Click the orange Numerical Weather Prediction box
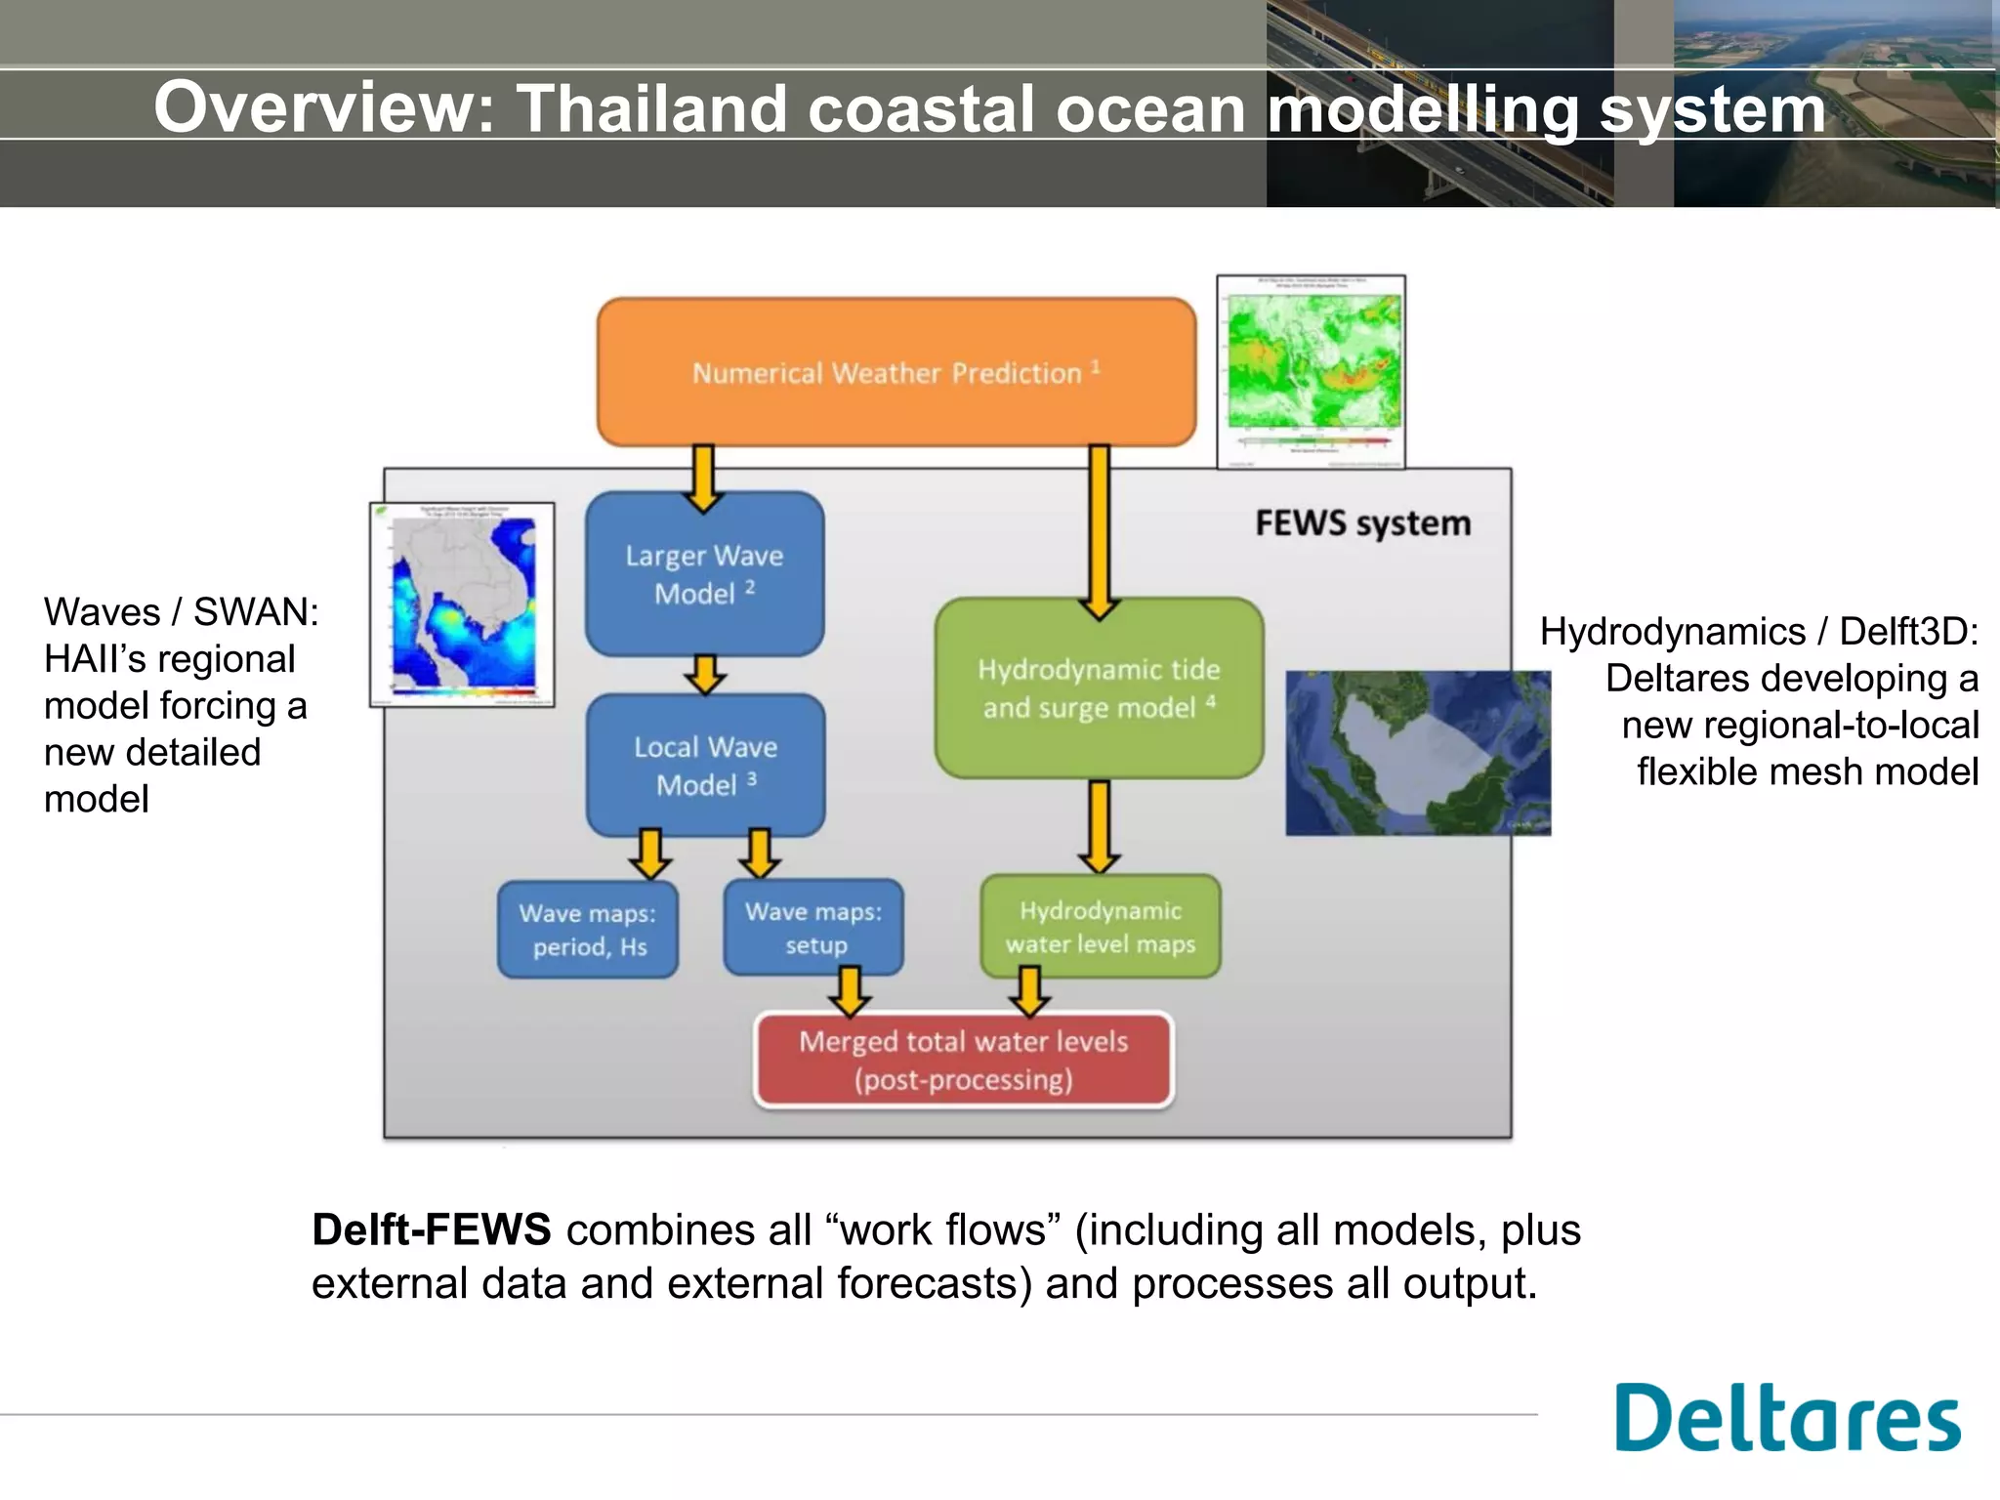[x=896, y=372]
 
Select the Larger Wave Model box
[x=704, y=574]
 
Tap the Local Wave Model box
[x=705, y=766]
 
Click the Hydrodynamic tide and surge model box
[x=1099, y=688]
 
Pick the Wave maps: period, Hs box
[x=588, y=930]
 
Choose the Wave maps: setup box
[x=813, y=928]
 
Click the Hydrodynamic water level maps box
[x=1101, y=927]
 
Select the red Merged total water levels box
[x=964, y=1061]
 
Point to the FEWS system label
[x=1362, y=523]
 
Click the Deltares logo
[x=1787, y=1417]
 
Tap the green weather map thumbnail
[x=1311, y=371]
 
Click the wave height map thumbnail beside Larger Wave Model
[x=462, y=604]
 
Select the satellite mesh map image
[x=1417, y=752]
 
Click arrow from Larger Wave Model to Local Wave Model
[x=705, y=675]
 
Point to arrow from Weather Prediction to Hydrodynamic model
[x=1100, y=532]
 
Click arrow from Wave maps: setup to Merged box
[x=851, y=992]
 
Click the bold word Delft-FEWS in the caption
[x=431, y=1229]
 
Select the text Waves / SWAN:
[x=182, y=612]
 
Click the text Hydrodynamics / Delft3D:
[x=1759, y=632]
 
